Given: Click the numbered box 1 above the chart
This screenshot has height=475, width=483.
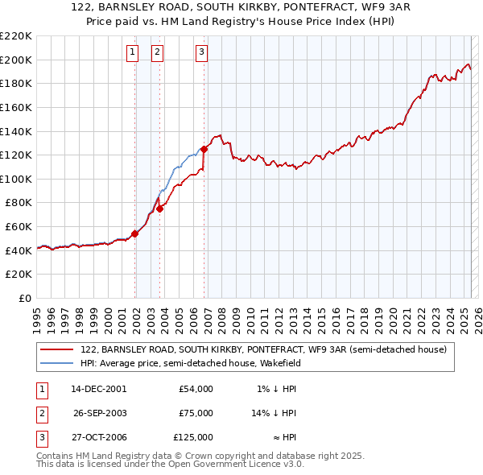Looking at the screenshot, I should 131,52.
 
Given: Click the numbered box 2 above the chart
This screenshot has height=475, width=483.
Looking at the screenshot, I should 156,52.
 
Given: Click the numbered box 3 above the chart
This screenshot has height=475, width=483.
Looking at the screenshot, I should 200,52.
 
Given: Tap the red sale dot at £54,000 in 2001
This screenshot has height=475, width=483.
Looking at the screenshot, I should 135,233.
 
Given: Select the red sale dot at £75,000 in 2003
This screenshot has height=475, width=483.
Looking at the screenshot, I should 160,209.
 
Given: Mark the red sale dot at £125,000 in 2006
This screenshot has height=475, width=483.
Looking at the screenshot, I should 204,149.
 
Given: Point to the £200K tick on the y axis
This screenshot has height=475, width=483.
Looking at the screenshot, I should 16,60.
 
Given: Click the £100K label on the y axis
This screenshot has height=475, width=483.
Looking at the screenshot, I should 16,179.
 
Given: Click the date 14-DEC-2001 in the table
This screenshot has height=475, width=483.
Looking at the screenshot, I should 98,389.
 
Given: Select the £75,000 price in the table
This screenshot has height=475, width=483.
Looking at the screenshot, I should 196,413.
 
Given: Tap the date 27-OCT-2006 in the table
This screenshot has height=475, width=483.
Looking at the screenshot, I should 98,437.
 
